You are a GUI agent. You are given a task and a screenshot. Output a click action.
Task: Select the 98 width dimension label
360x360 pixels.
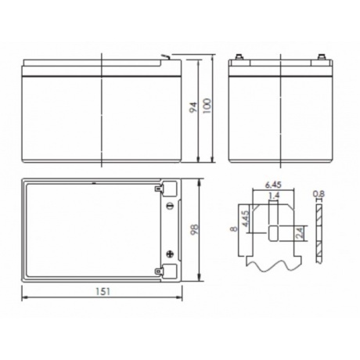[194, 230]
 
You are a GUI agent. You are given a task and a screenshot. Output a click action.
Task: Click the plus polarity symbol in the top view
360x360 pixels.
[170, 253]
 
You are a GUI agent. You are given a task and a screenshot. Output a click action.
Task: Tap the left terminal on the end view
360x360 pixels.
[239, 56]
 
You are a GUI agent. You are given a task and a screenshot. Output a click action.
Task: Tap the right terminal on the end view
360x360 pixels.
[321, 56]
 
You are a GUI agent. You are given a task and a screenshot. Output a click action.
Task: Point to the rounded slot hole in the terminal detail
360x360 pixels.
[273, 232]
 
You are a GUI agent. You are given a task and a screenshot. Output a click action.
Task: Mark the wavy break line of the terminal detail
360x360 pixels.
[273, 265]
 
